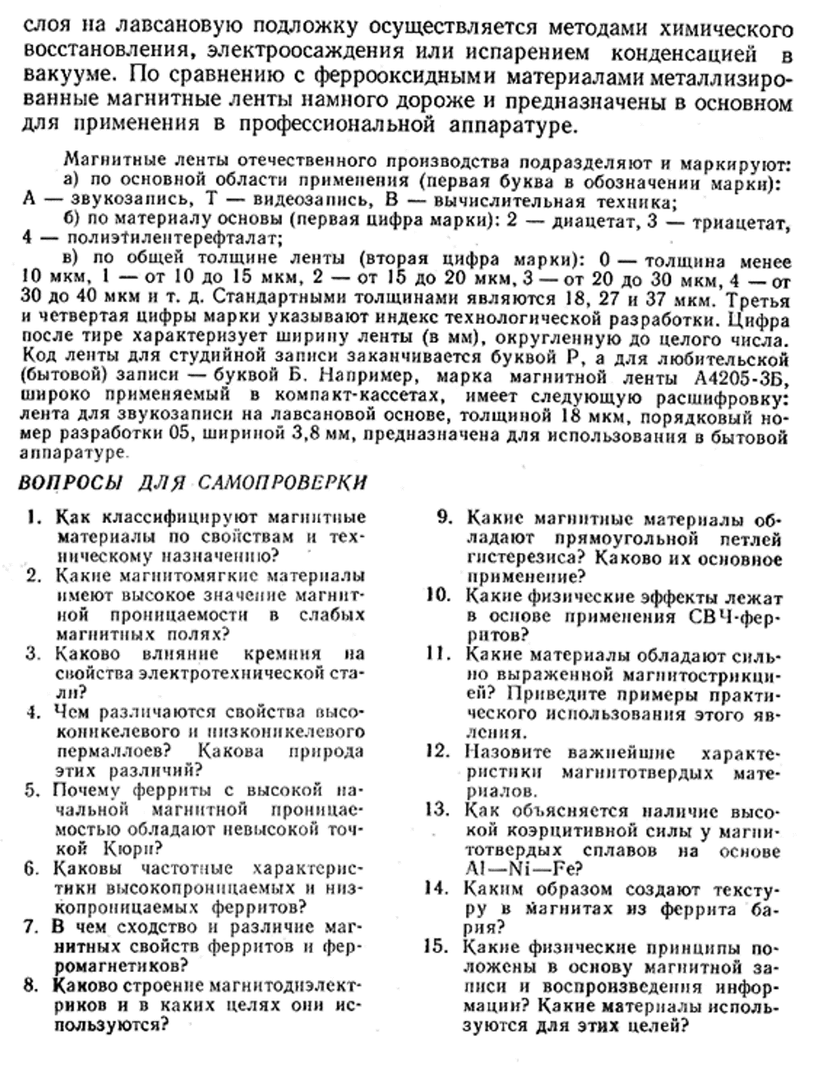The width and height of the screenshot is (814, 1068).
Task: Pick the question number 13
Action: [x=438, y=810]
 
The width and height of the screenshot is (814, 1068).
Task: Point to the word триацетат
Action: [x=749, y=222]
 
